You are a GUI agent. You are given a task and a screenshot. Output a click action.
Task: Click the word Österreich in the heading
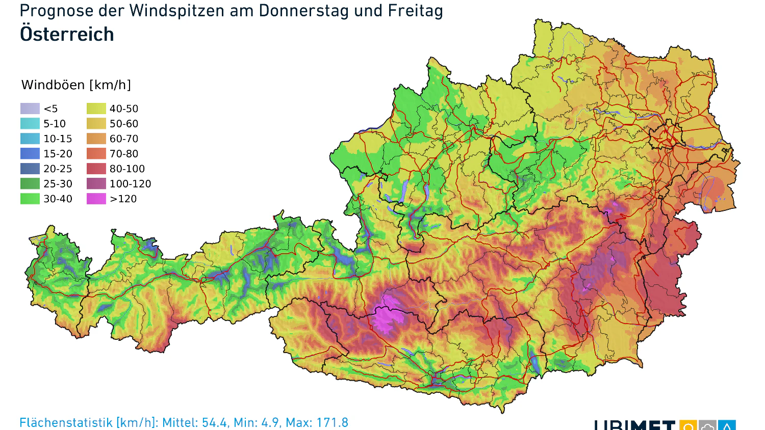point(67,34)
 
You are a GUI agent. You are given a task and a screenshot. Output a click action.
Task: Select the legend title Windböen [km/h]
point(76,85)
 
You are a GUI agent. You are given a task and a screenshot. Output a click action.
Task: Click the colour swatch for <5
point(30,109)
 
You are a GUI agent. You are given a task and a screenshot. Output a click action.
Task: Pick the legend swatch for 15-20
point(30,153)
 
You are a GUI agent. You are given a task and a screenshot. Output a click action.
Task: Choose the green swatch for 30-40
point(30,199)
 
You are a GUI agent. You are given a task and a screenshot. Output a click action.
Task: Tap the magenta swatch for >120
point(96,199)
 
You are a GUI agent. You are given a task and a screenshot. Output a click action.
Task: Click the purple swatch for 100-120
point(96,184)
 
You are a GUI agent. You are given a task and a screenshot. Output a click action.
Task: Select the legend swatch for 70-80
point(96,153)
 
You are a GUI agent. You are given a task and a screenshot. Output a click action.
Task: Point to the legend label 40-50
point(124,109)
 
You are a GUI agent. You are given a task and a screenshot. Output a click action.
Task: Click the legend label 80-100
point(127,169)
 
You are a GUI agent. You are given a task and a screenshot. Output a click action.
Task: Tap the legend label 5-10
point(55,123)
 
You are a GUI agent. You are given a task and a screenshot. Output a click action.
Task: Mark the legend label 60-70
point(124,139)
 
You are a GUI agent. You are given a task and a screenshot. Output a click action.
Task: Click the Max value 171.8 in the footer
point(332,423)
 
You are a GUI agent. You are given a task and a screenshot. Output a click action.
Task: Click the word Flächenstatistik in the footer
point(66,423)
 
